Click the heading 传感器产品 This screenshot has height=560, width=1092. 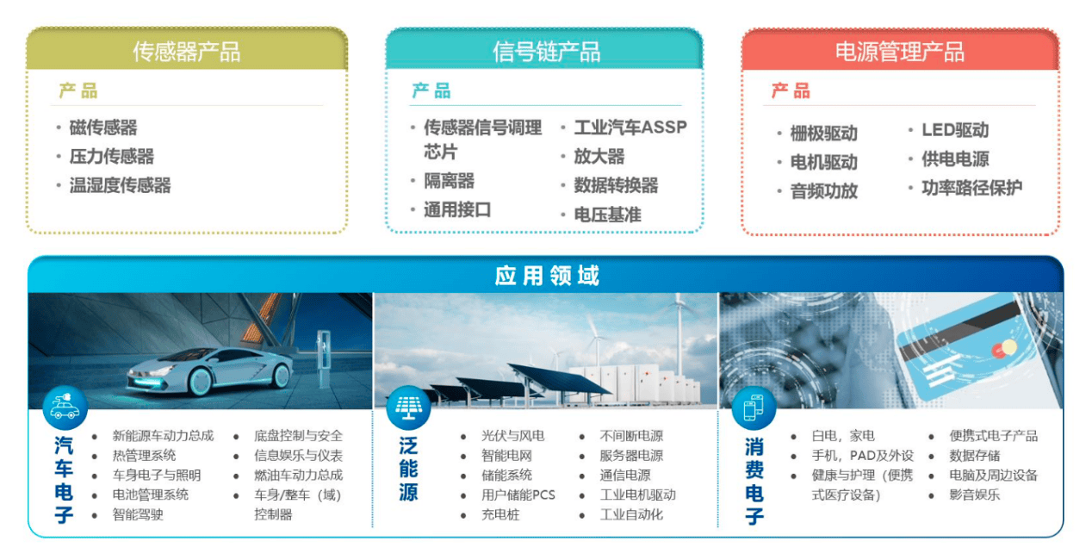(x=186, y=52)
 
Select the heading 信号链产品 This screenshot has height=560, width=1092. (x=546, y=52)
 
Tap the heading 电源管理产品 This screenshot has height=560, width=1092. (x=899, y=52)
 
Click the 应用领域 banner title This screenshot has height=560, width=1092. (x=547, y=276)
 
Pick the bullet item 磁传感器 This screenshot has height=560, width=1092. (x=103, y=128)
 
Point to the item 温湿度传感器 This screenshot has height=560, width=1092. (x=120, y=185)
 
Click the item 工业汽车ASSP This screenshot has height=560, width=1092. (x=630, y=128)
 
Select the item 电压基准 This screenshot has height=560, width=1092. (x=607, y=215)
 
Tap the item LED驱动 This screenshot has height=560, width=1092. (x=955, y=130)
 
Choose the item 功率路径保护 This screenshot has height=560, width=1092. (x=971, y=188)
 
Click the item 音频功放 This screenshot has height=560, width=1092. (x=823, y=191)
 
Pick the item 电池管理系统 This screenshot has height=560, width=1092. (x=150, y=495)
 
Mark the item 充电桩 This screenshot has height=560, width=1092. (x=500, y=514)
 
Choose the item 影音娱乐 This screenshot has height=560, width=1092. (x=974, y=495)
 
